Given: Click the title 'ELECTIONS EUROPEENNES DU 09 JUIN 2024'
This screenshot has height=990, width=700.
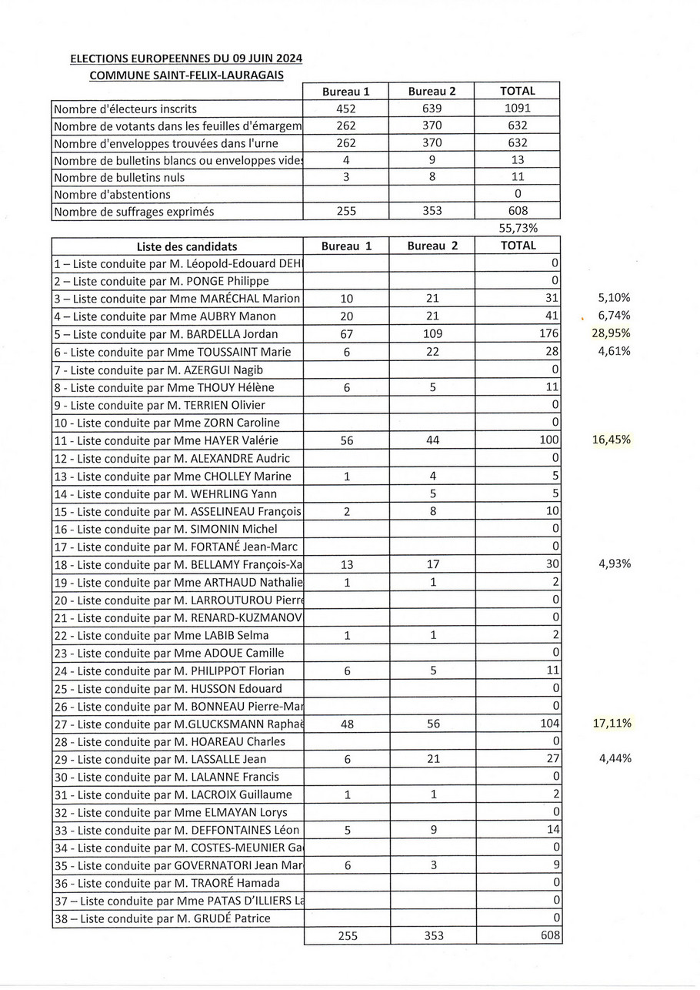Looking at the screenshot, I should [185, 59].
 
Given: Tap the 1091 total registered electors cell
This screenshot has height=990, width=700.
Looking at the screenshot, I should [517, 109].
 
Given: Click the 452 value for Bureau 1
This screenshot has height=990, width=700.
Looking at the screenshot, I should [346, 109].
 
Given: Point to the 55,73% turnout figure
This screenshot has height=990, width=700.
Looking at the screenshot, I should [518, 228].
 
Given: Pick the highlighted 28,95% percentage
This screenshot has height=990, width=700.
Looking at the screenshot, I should [612, 333].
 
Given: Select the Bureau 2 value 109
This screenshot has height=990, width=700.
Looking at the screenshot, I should [432, 334].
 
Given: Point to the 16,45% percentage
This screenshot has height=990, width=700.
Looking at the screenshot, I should [612, 440].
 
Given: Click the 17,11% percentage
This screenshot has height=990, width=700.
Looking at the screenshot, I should [612, 723].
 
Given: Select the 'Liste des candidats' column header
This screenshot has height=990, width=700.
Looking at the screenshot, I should [187, 246].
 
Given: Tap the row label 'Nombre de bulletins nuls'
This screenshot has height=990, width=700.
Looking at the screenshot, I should [119, 177].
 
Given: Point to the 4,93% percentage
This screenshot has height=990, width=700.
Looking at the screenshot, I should [615, 564].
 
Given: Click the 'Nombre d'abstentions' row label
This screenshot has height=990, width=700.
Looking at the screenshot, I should [112, 195].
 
